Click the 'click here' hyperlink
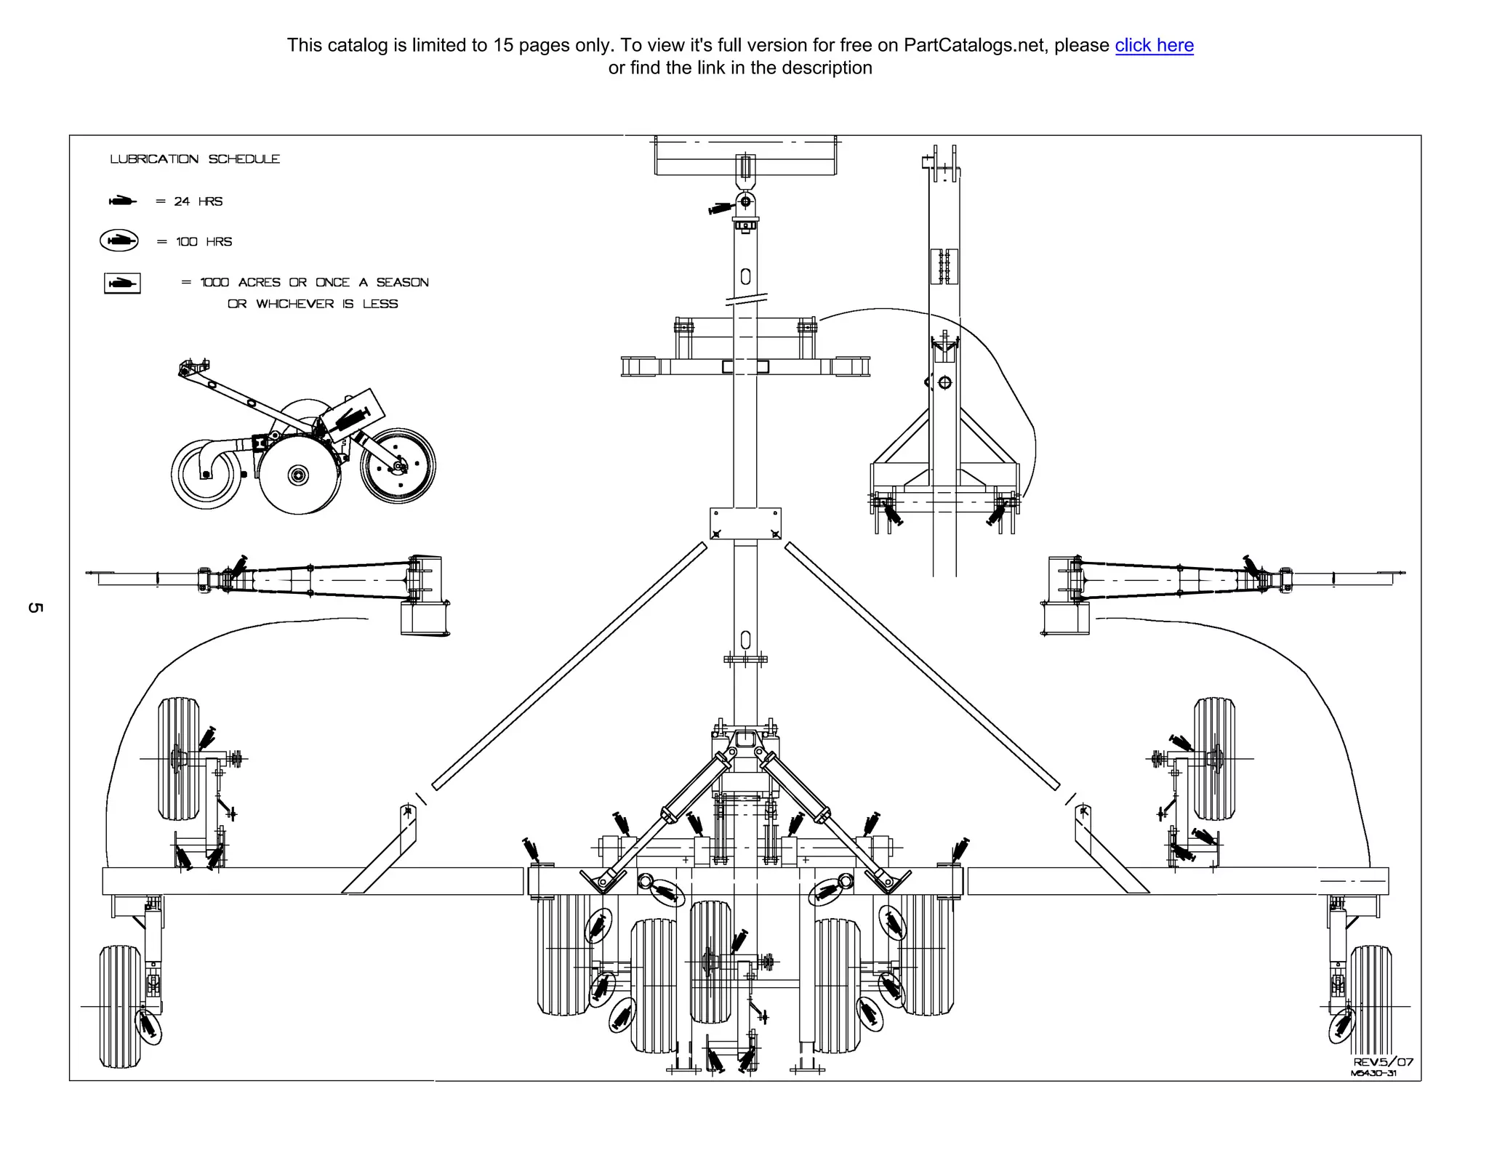pos(1154,45)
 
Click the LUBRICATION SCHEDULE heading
pos(195,159)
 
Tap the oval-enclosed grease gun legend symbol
pos(119,241)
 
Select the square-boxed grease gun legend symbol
pos(122,283)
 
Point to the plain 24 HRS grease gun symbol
pos(122,201)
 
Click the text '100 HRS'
pos(204,241)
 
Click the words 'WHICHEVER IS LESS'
pos(326,304)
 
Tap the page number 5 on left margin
pos(35,607)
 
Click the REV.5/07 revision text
pos(1383,1062)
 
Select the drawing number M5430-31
pos(1373,1074)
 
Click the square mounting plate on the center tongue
pos(745,523)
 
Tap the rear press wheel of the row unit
pos(398,466)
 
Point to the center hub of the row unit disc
pos(298,475)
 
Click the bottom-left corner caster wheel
pos(120,1006)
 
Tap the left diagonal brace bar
pos(569,665)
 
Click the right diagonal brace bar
pos(922,665)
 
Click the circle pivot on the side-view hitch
pos(944,382)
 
